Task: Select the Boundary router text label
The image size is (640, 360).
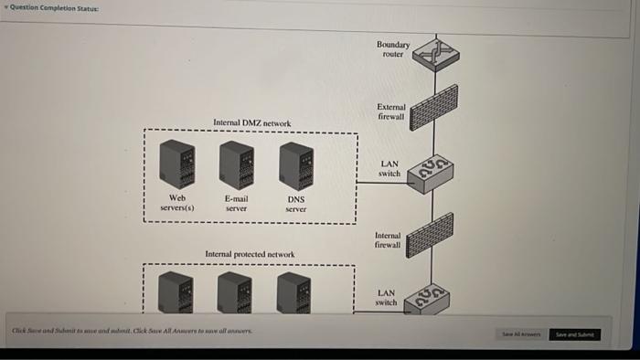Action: pyautogui.click(x=392, y=48)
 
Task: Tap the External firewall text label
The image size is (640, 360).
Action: pyautogui.click(x=390, y=111)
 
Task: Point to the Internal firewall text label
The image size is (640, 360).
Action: pyautogui.click(x=388, y=239)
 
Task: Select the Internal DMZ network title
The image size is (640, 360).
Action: pyautogui.click(x=251, y=122)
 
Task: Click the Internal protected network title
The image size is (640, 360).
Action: pyautogui.click(x=250, y=254)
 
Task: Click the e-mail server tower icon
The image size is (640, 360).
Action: pyautogui.click(x=236, y=164)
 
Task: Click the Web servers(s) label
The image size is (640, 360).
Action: pyautogui.click(x=177, y=202)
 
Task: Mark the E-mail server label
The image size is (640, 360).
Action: pyautogui.click(x=236, y=202)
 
